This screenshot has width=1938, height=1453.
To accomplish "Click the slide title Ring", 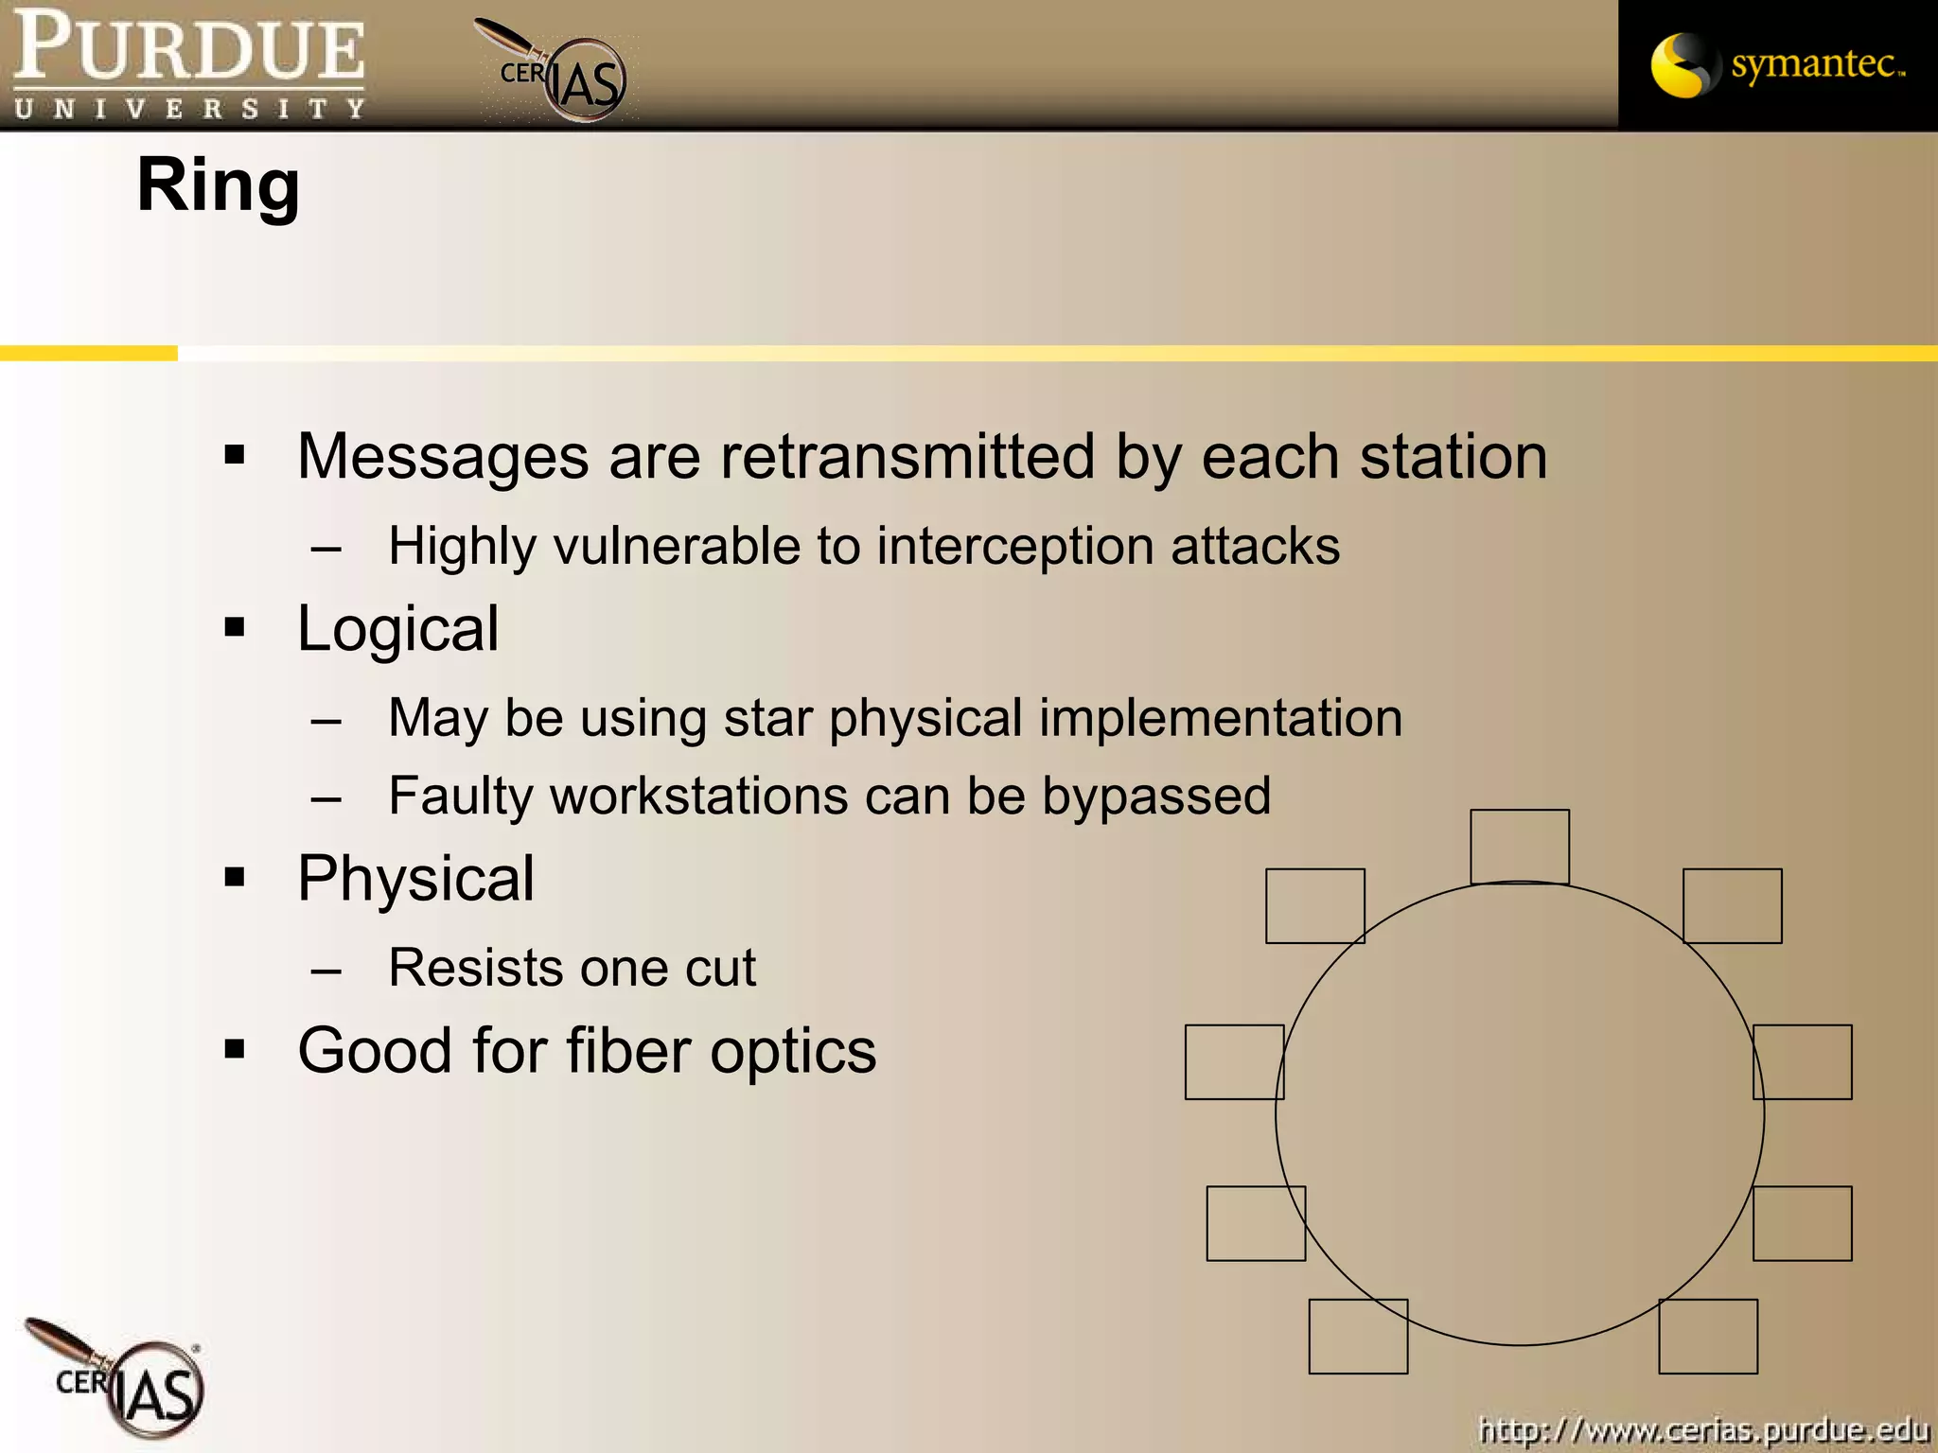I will tap(218, 186).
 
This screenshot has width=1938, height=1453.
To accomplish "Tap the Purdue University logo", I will tap(189, 64).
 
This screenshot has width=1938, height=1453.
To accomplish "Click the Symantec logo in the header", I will tap(1777, 65).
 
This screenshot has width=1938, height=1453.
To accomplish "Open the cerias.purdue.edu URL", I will tap(1703, 1428).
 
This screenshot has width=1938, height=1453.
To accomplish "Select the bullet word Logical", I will tap(397, 629).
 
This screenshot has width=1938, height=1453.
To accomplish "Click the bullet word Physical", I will tap(415, 879).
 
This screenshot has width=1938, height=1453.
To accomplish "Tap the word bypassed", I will tap(1155, 796).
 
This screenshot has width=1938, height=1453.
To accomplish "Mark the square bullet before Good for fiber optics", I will tap(235, 1049).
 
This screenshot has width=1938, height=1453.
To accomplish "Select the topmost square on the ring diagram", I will tap(1519, 847).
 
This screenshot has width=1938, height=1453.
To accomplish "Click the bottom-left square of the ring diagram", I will tap(1358, 1336).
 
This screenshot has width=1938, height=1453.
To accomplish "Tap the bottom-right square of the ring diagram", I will tap(1708, 1336).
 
